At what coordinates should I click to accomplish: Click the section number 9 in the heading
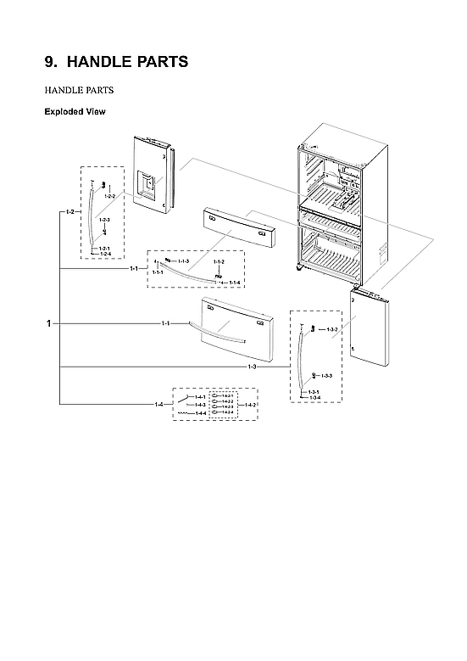[50, 62]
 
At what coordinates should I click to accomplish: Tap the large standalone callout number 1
[49, 323]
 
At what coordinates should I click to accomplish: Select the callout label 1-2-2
[109, 196]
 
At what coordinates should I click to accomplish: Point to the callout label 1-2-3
[104, 221]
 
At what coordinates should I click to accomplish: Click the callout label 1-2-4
[104, 253]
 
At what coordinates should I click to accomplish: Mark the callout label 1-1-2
[218, 263]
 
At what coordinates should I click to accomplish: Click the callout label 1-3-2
[332, 328]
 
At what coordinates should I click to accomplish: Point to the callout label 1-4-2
[251, 406]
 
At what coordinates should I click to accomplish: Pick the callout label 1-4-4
[200, 413]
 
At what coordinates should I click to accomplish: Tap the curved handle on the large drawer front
[220, 327]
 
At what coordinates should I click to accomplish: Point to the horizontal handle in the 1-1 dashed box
[191, 274]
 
